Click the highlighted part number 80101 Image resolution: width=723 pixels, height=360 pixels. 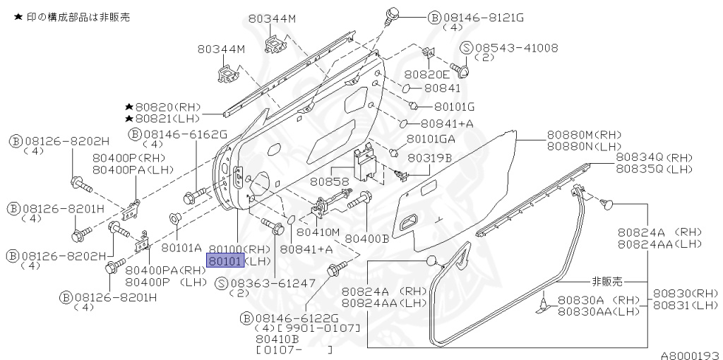point(225,261)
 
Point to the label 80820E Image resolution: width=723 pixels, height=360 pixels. point(426,74)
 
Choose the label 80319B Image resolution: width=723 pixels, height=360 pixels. point(429,158)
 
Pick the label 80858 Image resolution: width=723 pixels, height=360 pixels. point(330,182)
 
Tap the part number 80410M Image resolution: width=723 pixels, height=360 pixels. point(318,232)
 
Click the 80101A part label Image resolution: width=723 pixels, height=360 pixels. point(181,248)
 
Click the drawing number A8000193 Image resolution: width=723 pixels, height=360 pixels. point(690,354)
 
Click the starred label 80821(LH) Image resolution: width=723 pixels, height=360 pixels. point(167,119)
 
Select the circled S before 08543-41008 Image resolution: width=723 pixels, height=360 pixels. point(466,48)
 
